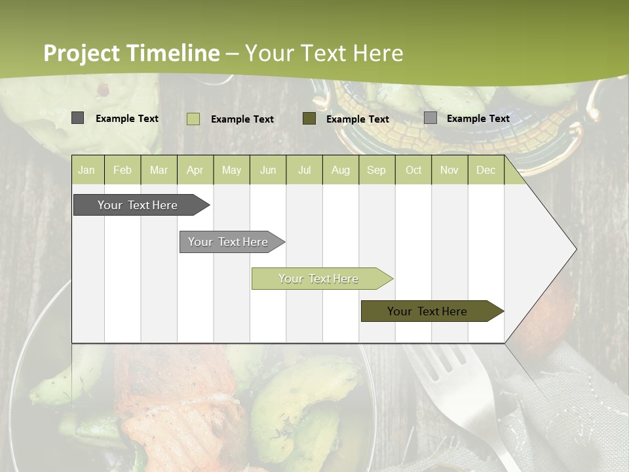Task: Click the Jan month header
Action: point(86,170)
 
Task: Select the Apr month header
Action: point(195,170)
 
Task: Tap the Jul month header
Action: point(304,170)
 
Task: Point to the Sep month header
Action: point(376,170)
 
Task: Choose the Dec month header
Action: point(486,170)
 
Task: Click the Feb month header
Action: point(123,170)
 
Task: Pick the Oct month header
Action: point(413,170)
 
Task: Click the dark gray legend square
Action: point(77,118)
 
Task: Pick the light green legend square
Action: point(193,119)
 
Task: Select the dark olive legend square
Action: point(309,119)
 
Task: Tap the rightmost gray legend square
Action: point(430,118)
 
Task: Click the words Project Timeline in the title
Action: point(132,53)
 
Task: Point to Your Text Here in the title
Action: point(324,53)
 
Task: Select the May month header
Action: point(231,170)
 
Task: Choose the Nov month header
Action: point(449,170)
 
